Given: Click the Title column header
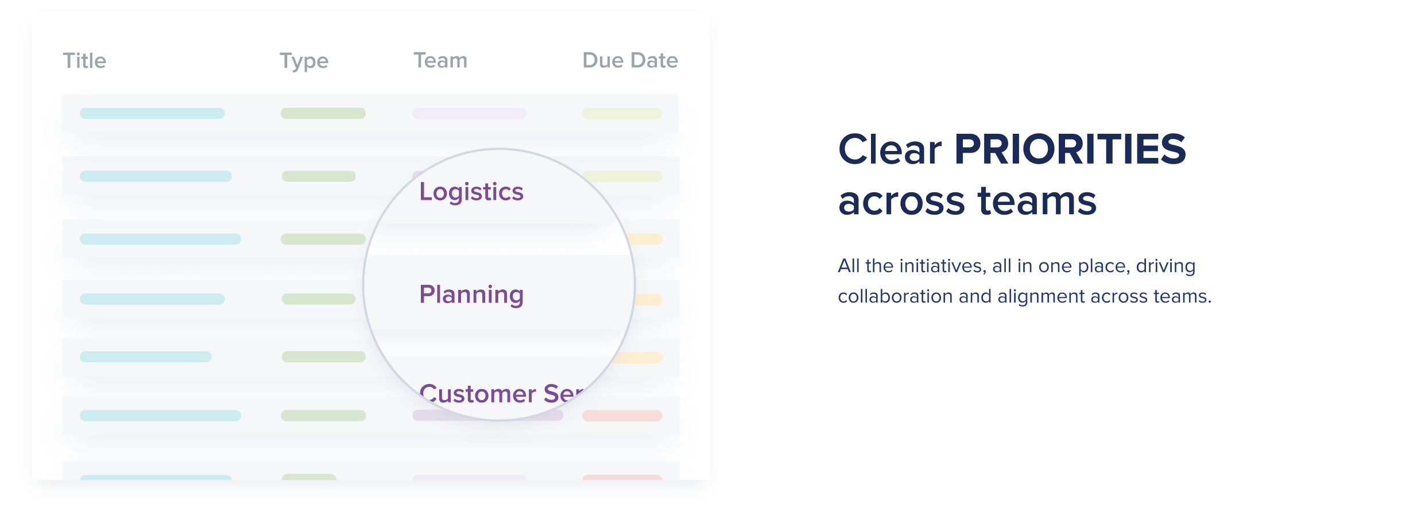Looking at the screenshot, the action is (84, 60).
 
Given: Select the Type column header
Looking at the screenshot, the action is (304, 61).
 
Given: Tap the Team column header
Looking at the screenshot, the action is (440, 60).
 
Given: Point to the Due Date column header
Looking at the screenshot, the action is (630, 60).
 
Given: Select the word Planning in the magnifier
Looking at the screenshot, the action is (471, 295).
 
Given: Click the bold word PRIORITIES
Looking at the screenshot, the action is (1070, 149).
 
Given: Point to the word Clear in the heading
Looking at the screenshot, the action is (889, 149).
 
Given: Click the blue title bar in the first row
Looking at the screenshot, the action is (152, 113).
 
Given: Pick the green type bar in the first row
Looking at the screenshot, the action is (323, 113).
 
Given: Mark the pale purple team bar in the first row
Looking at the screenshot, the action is (469, 113).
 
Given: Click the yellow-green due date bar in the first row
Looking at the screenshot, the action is (622, 113).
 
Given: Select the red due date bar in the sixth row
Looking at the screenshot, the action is (622, 415).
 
